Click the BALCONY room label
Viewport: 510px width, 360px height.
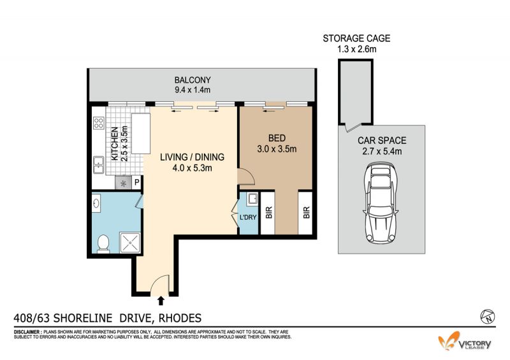click(193, 80)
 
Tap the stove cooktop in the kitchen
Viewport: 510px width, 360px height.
click(99, 123)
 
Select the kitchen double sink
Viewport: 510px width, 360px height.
click(98, 164)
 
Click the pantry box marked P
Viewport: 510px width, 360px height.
click(137, 183)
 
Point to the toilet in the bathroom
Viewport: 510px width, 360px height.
click(103, 244)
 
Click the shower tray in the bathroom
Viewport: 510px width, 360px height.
click(131, 243)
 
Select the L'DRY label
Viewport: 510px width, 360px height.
click(248, 217)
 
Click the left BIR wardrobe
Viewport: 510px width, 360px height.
click(268, 213)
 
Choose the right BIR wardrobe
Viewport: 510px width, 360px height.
click(305, 213)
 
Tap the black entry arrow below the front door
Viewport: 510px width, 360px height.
click(161, 301)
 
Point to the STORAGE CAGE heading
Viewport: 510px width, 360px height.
click(356, 38)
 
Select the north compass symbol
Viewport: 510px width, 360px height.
click(488, 316)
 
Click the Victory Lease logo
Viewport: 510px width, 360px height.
click(465, 341)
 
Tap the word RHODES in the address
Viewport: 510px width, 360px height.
click(180, 318)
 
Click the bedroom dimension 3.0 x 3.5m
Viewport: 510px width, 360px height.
click(277, 149)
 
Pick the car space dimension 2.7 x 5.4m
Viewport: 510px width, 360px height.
click(382, 152)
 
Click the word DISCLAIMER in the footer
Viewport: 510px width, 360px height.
click(27, 332)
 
